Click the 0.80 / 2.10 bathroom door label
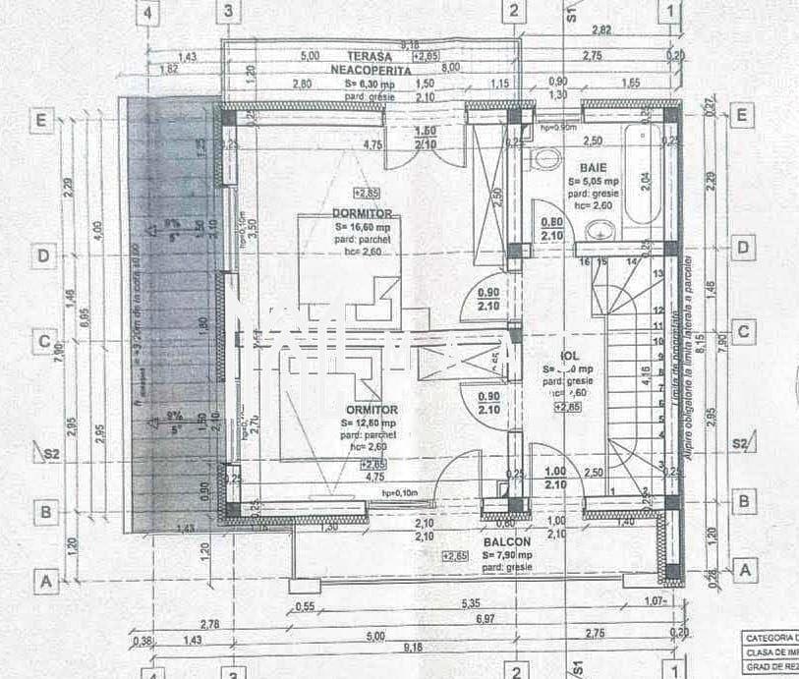[x=551, y=229]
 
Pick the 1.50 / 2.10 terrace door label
[x=426, y=138]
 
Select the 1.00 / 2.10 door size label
[x=553, y=478]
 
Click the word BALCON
[x=506, y=542]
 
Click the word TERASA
[x=369, y=57]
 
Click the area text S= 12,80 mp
[x=372, y=424]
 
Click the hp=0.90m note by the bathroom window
[x=558, y=128]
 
